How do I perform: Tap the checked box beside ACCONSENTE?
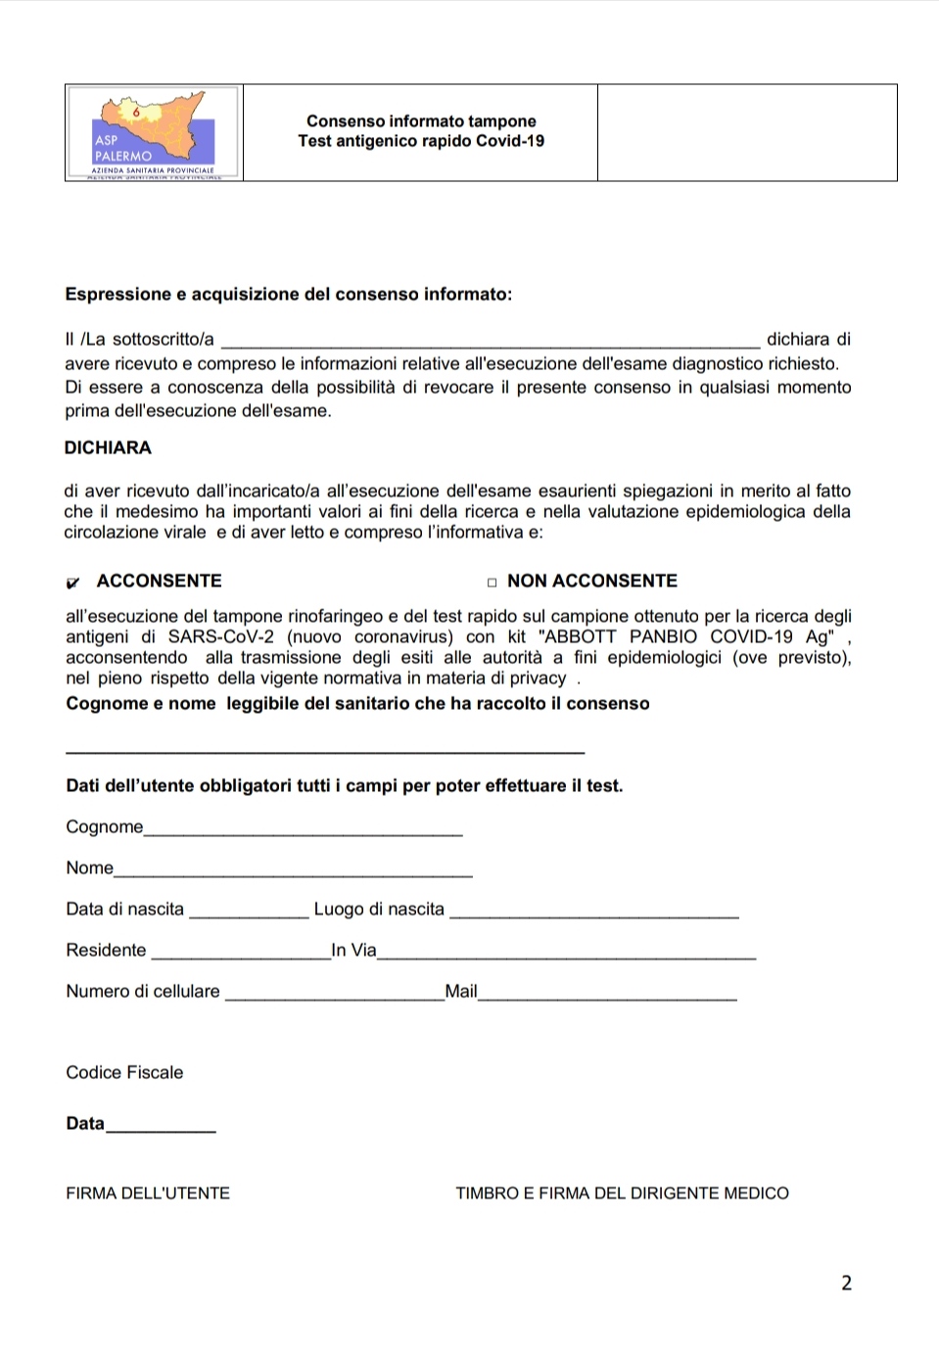click(72, 583)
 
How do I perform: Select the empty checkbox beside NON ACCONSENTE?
click(492, 583)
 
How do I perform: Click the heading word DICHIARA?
click(108, 447)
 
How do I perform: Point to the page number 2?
click(846, 1283)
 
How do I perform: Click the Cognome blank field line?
click(304, 833)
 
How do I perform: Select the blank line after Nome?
click(294, 874)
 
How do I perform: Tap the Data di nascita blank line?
click(249, 915)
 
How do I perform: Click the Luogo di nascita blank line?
click(594, 915)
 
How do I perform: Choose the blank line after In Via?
click(566, 957)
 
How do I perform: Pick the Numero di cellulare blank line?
click(335, 998)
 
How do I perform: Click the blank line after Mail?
click(607, 998)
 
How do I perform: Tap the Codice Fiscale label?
click(124, 1072)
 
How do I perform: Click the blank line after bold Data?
click(161, 1130)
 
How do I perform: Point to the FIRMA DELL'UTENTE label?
click(148, 1193)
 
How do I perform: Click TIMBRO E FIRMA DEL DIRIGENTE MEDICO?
click(622, 1193)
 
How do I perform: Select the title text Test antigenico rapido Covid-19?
click(421, 141)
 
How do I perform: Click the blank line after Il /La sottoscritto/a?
click(491, 346)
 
